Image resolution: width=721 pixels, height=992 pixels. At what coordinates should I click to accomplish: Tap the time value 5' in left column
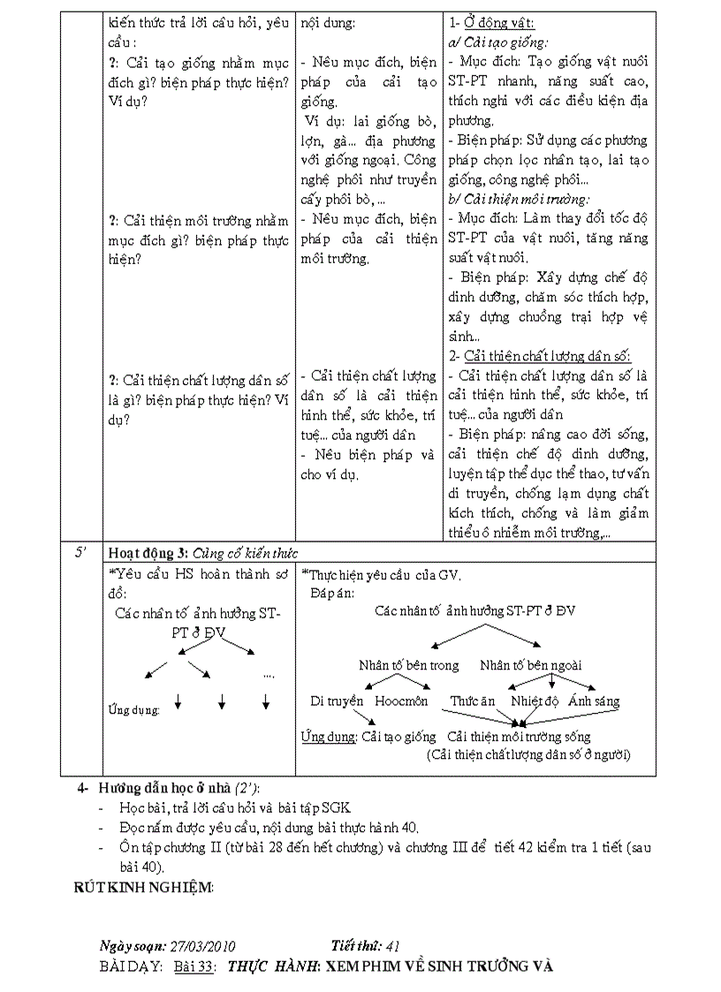(80, 553)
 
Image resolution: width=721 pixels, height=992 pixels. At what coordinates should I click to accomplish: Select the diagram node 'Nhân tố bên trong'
(408, 665)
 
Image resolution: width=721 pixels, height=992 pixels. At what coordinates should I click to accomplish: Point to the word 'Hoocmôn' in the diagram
(401, 701)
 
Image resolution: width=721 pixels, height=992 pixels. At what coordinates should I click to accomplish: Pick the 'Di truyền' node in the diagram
(337, 701)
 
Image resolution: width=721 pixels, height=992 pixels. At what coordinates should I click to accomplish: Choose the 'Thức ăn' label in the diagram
(473, 701)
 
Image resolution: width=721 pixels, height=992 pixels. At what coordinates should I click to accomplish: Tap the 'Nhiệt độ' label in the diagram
(535, 701)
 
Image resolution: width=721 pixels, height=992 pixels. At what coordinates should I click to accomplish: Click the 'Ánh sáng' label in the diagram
(594, 701)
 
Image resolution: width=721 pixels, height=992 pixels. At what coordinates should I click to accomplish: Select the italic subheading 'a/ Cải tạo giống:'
(498, 42)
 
